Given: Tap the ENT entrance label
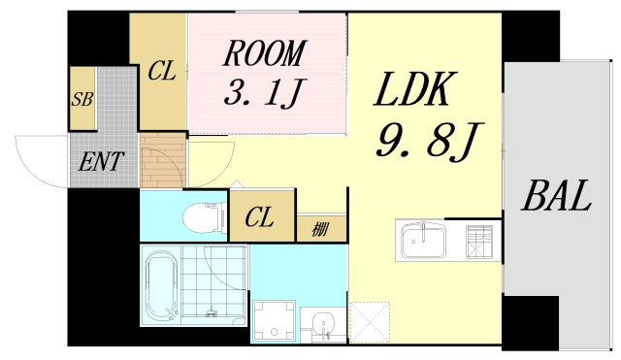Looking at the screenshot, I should (x=100, y=162).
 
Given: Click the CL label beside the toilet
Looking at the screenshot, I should (x=258, y=217).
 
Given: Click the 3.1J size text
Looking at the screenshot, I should (x=265, y=95).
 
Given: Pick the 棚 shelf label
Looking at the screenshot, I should (x=319, y=229).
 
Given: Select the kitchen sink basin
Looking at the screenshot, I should (x=422, y=239).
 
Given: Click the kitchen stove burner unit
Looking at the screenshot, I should (x=480, y=240).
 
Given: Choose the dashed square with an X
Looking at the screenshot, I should (x=369, y=322).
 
